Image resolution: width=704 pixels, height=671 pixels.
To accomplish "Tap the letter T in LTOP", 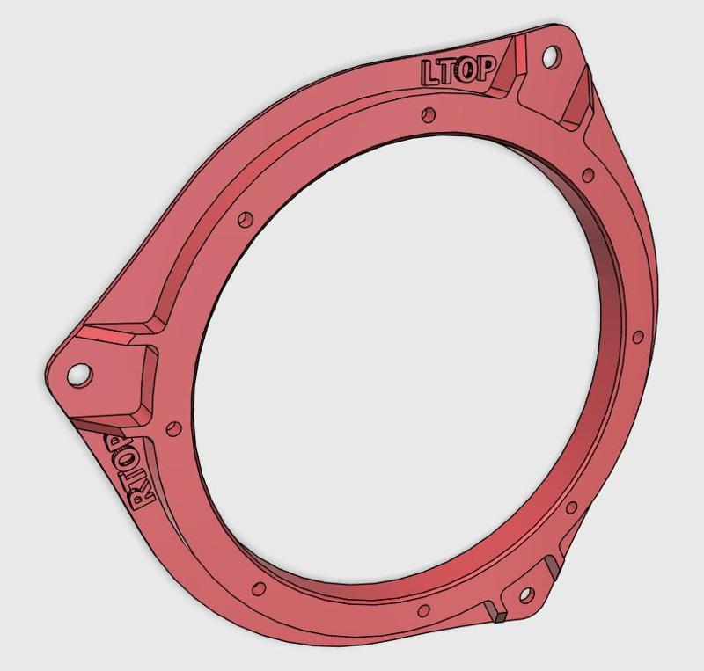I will click(449, 71).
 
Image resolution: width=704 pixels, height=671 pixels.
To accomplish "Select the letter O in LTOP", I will click(466, 69).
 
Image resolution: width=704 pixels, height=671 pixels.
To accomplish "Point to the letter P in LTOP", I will click(484, 68).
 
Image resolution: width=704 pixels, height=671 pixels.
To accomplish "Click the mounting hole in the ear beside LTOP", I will click(551, 56).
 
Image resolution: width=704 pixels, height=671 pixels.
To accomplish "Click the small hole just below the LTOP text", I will click(429, 113).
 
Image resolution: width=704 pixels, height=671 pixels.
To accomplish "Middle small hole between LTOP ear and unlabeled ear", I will click(637, 336).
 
